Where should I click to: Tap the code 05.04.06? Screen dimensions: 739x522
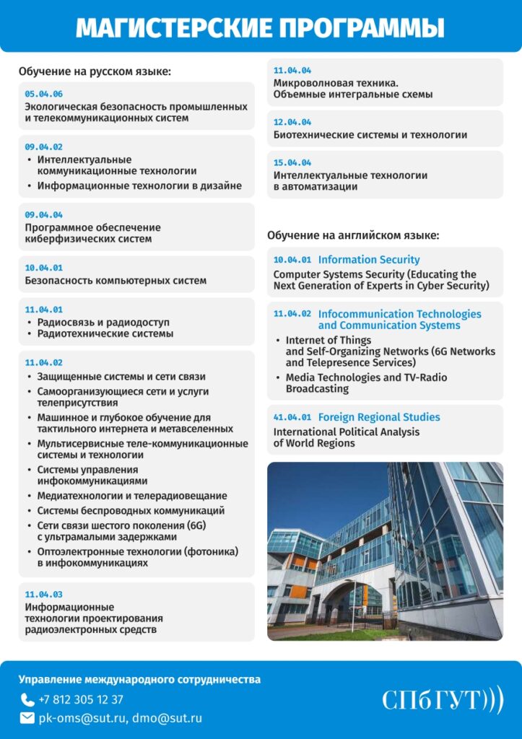[43, 94]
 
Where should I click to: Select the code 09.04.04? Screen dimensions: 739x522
[43, 215]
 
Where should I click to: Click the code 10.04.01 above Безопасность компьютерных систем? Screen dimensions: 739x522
[43, 268]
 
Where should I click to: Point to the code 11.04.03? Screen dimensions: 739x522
[43, 595]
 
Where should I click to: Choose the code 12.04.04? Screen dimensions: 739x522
[292, 122]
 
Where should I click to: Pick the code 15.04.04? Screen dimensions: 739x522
[292, 162]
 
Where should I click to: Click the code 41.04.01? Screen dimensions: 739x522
[292, 418]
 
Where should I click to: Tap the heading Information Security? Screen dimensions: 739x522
[369, 260]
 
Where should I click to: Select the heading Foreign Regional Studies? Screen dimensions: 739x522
[379, 417]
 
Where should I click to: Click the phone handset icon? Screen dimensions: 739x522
[27, 699]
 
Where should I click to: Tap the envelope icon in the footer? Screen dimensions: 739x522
[27, 718]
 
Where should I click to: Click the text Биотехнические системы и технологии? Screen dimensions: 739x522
[370, 135]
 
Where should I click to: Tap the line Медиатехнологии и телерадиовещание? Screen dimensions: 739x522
[132, 496]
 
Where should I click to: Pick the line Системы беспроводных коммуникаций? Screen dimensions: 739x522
[131, 511]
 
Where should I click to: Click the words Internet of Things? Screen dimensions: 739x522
[329, 340]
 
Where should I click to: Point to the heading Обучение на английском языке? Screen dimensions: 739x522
[353, 235]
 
